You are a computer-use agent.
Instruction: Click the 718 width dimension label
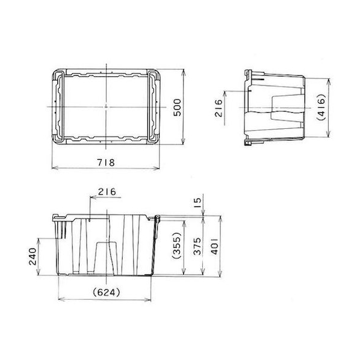tap(106, 163)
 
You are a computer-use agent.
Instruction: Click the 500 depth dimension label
tap(177, 107)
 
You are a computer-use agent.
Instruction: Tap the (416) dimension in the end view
tap(321, 107)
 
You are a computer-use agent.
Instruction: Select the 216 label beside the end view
tap(219, 108)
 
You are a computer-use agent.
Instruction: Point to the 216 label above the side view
tap(107, 191)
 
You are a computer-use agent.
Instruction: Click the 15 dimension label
tap(197, 203)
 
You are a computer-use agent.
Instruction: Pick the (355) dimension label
tap(176, 246)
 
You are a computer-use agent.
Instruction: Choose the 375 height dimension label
tap(197, 246)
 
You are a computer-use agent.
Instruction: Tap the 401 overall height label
tap(215, 246)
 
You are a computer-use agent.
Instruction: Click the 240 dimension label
tap(33, 256)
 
